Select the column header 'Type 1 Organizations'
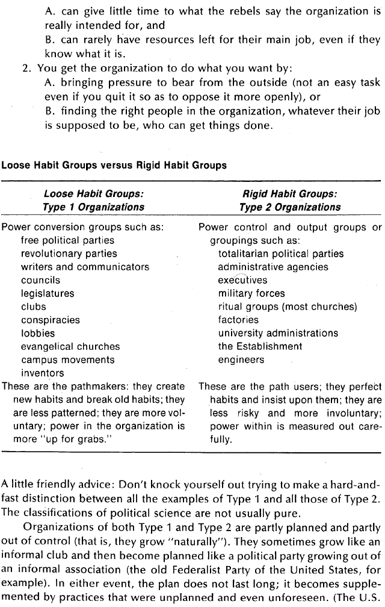click(93, 207)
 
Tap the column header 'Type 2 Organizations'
click(289, 207)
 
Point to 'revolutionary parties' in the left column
click(69, 254)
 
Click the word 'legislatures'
click(48, 293)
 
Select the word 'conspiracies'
click(50, 320)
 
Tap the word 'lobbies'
click(37, 333)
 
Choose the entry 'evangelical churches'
click(70, 346)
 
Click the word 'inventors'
click(42, 373)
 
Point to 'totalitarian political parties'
click(280, 254)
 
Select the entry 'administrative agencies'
click(273, 267)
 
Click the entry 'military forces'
click(251, 293)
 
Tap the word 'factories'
click(238, 320)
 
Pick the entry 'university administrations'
click(277, 333)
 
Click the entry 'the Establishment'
click(259, 346)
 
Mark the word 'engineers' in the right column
click(241, 360)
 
